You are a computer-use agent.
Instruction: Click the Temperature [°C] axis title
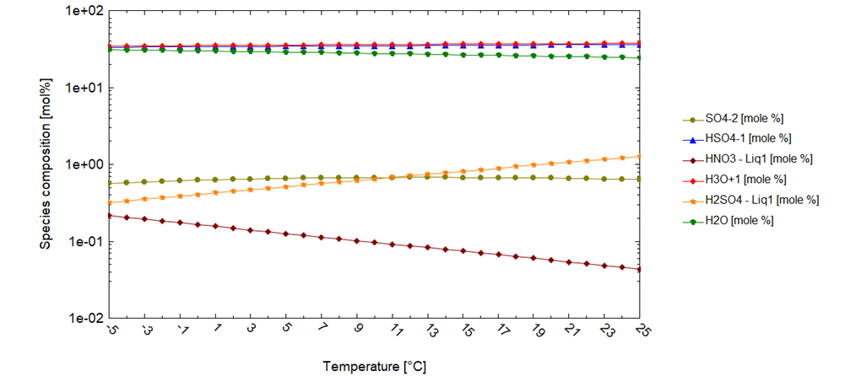pyautogui.click(x=374, y=367)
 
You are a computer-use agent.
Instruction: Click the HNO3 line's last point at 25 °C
pyautogui.click(x=639, y=270)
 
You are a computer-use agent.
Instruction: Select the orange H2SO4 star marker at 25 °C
pyautogui.click(x=639, y=156)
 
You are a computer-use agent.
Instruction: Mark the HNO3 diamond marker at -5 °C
pyautogui.click(x=111, y=216)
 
